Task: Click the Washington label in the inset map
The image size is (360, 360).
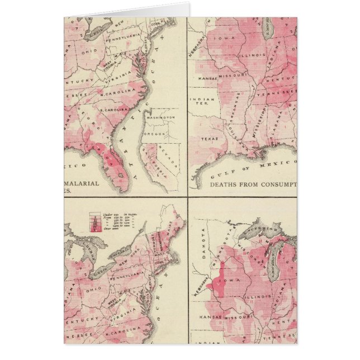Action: [161, 118]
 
